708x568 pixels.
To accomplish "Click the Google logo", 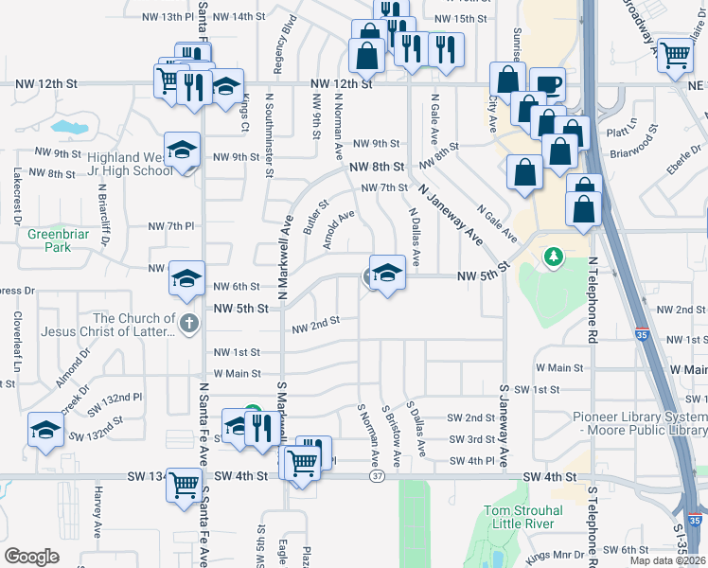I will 32,557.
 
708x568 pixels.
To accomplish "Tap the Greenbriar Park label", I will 48,240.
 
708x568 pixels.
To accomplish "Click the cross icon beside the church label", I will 189,324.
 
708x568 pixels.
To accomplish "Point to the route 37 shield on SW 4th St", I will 377,476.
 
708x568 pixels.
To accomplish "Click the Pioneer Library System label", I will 640,423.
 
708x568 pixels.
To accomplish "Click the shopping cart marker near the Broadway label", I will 675,55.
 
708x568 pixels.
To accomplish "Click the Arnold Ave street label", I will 338,228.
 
